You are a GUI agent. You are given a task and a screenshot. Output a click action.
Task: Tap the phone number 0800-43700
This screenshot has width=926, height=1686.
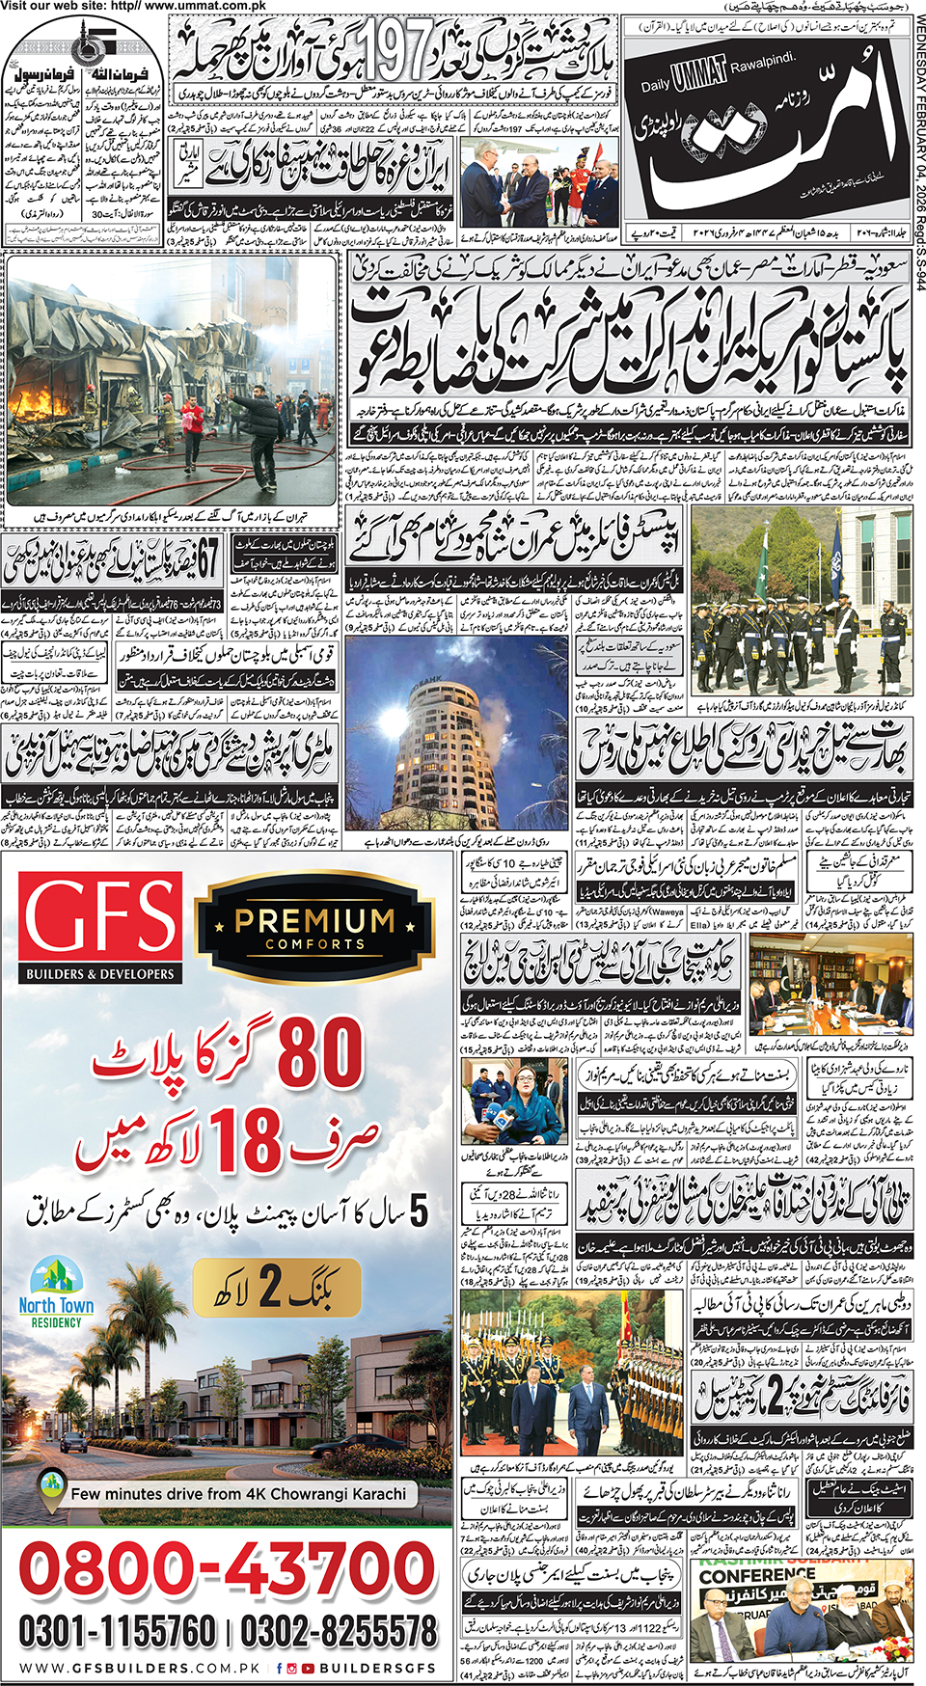[228, 1567]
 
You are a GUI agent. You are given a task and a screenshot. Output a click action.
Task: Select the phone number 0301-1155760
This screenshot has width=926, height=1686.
[117, 1631]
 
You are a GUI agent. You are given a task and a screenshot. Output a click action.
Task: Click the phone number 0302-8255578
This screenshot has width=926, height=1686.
[339, 1631]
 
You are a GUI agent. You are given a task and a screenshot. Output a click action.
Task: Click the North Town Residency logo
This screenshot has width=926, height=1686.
[56, 1292]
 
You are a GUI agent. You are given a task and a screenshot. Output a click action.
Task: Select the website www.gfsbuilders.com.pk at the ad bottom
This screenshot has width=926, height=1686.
[140, 1668]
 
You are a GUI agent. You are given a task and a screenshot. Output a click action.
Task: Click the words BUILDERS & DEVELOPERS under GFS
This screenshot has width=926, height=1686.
[100, 974]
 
